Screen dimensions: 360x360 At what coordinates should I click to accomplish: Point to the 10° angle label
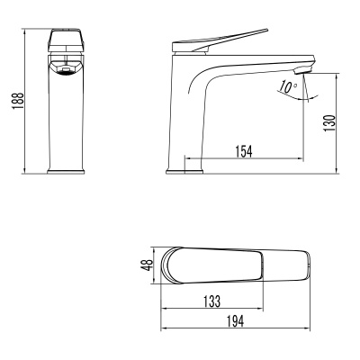287,87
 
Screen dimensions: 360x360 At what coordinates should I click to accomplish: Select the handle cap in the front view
67,41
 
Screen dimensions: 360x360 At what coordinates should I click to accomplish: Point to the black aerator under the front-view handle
65,70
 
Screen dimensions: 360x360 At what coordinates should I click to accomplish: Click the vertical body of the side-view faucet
179,117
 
